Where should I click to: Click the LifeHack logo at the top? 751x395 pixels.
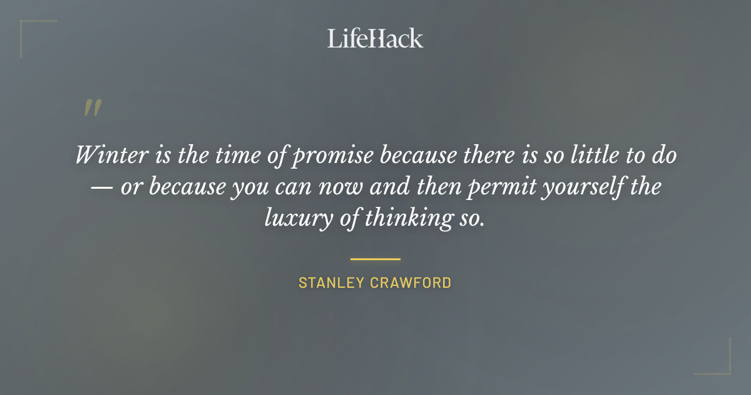tap(375, 38)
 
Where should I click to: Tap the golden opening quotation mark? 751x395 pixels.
tap(92, 108)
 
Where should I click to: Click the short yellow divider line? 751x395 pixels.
tap(375, 258)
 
